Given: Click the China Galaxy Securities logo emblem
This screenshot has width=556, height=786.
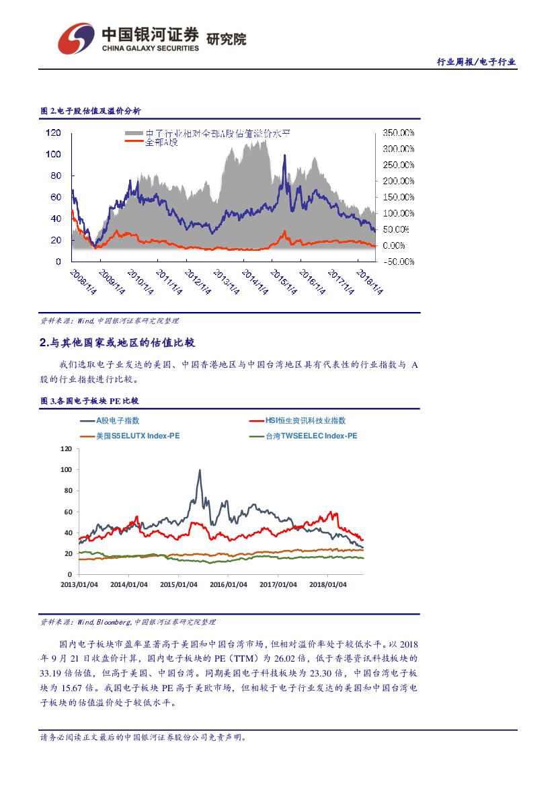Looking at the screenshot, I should [75, 38].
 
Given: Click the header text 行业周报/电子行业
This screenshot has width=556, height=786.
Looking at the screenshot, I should [476, 62].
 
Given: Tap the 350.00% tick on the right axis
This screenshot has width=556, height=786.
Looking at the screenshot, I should [398, 132].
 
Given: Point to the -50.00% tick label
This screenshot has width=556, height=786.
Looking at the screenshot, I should [398, 262].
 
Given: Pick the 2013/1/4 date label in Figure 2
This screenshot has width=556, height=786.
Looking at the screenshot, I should [226, 282].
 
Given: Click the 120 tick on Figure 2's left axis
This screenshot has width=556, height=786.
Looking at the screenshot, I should [54, 132].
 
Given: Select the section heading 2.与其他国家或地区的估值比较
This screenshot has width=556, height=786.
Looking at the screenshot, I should [117, 343].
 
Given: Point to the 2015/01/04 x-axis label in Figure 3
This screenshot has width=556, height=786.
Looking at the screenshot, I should [178, 584].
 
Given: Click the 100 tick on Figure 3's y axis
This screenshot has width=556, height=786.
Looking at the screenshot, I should [66, 469].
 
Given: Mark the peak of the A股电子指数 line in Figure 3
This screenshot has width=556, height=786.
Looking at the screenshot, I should [200, 471].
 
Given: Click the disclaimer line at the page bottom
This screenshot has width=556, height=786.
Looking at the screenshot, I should [143, 737].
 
